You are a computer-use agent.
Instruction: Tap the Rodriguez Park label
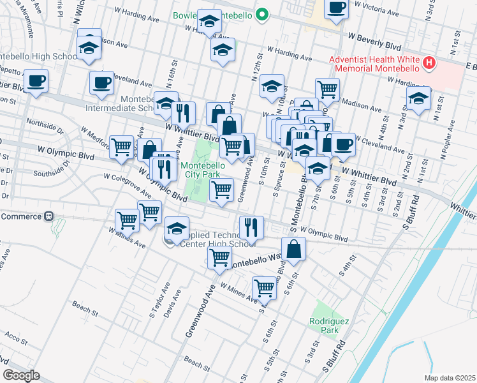click(x=323, y=326)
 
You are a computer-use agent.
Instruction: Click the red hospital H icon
click(x=430, y=63)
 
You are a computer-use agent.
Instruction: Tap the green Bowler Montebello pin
click(x=261, y=15)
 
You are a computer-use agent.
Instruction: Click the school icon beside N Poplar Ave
click(x=418, y=99)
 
